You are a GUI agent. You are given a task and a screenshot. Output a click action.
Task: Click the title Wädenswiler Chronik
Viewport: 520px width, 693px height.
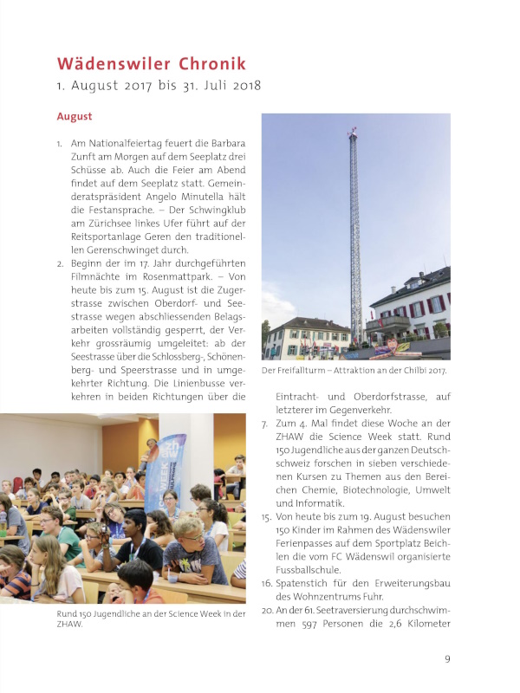click(152, 64)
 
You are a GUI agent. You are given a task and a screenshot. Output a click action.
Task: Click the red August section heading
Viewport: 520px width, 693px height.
click(75, 116)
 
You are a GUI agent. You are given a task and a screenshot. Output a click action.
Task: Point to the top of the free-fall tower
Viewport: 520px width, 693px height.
click(352, 133)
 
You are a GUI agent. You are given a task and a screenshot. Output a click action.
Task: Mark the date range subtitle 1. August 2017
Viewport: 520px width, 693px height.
click(159, 87)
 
